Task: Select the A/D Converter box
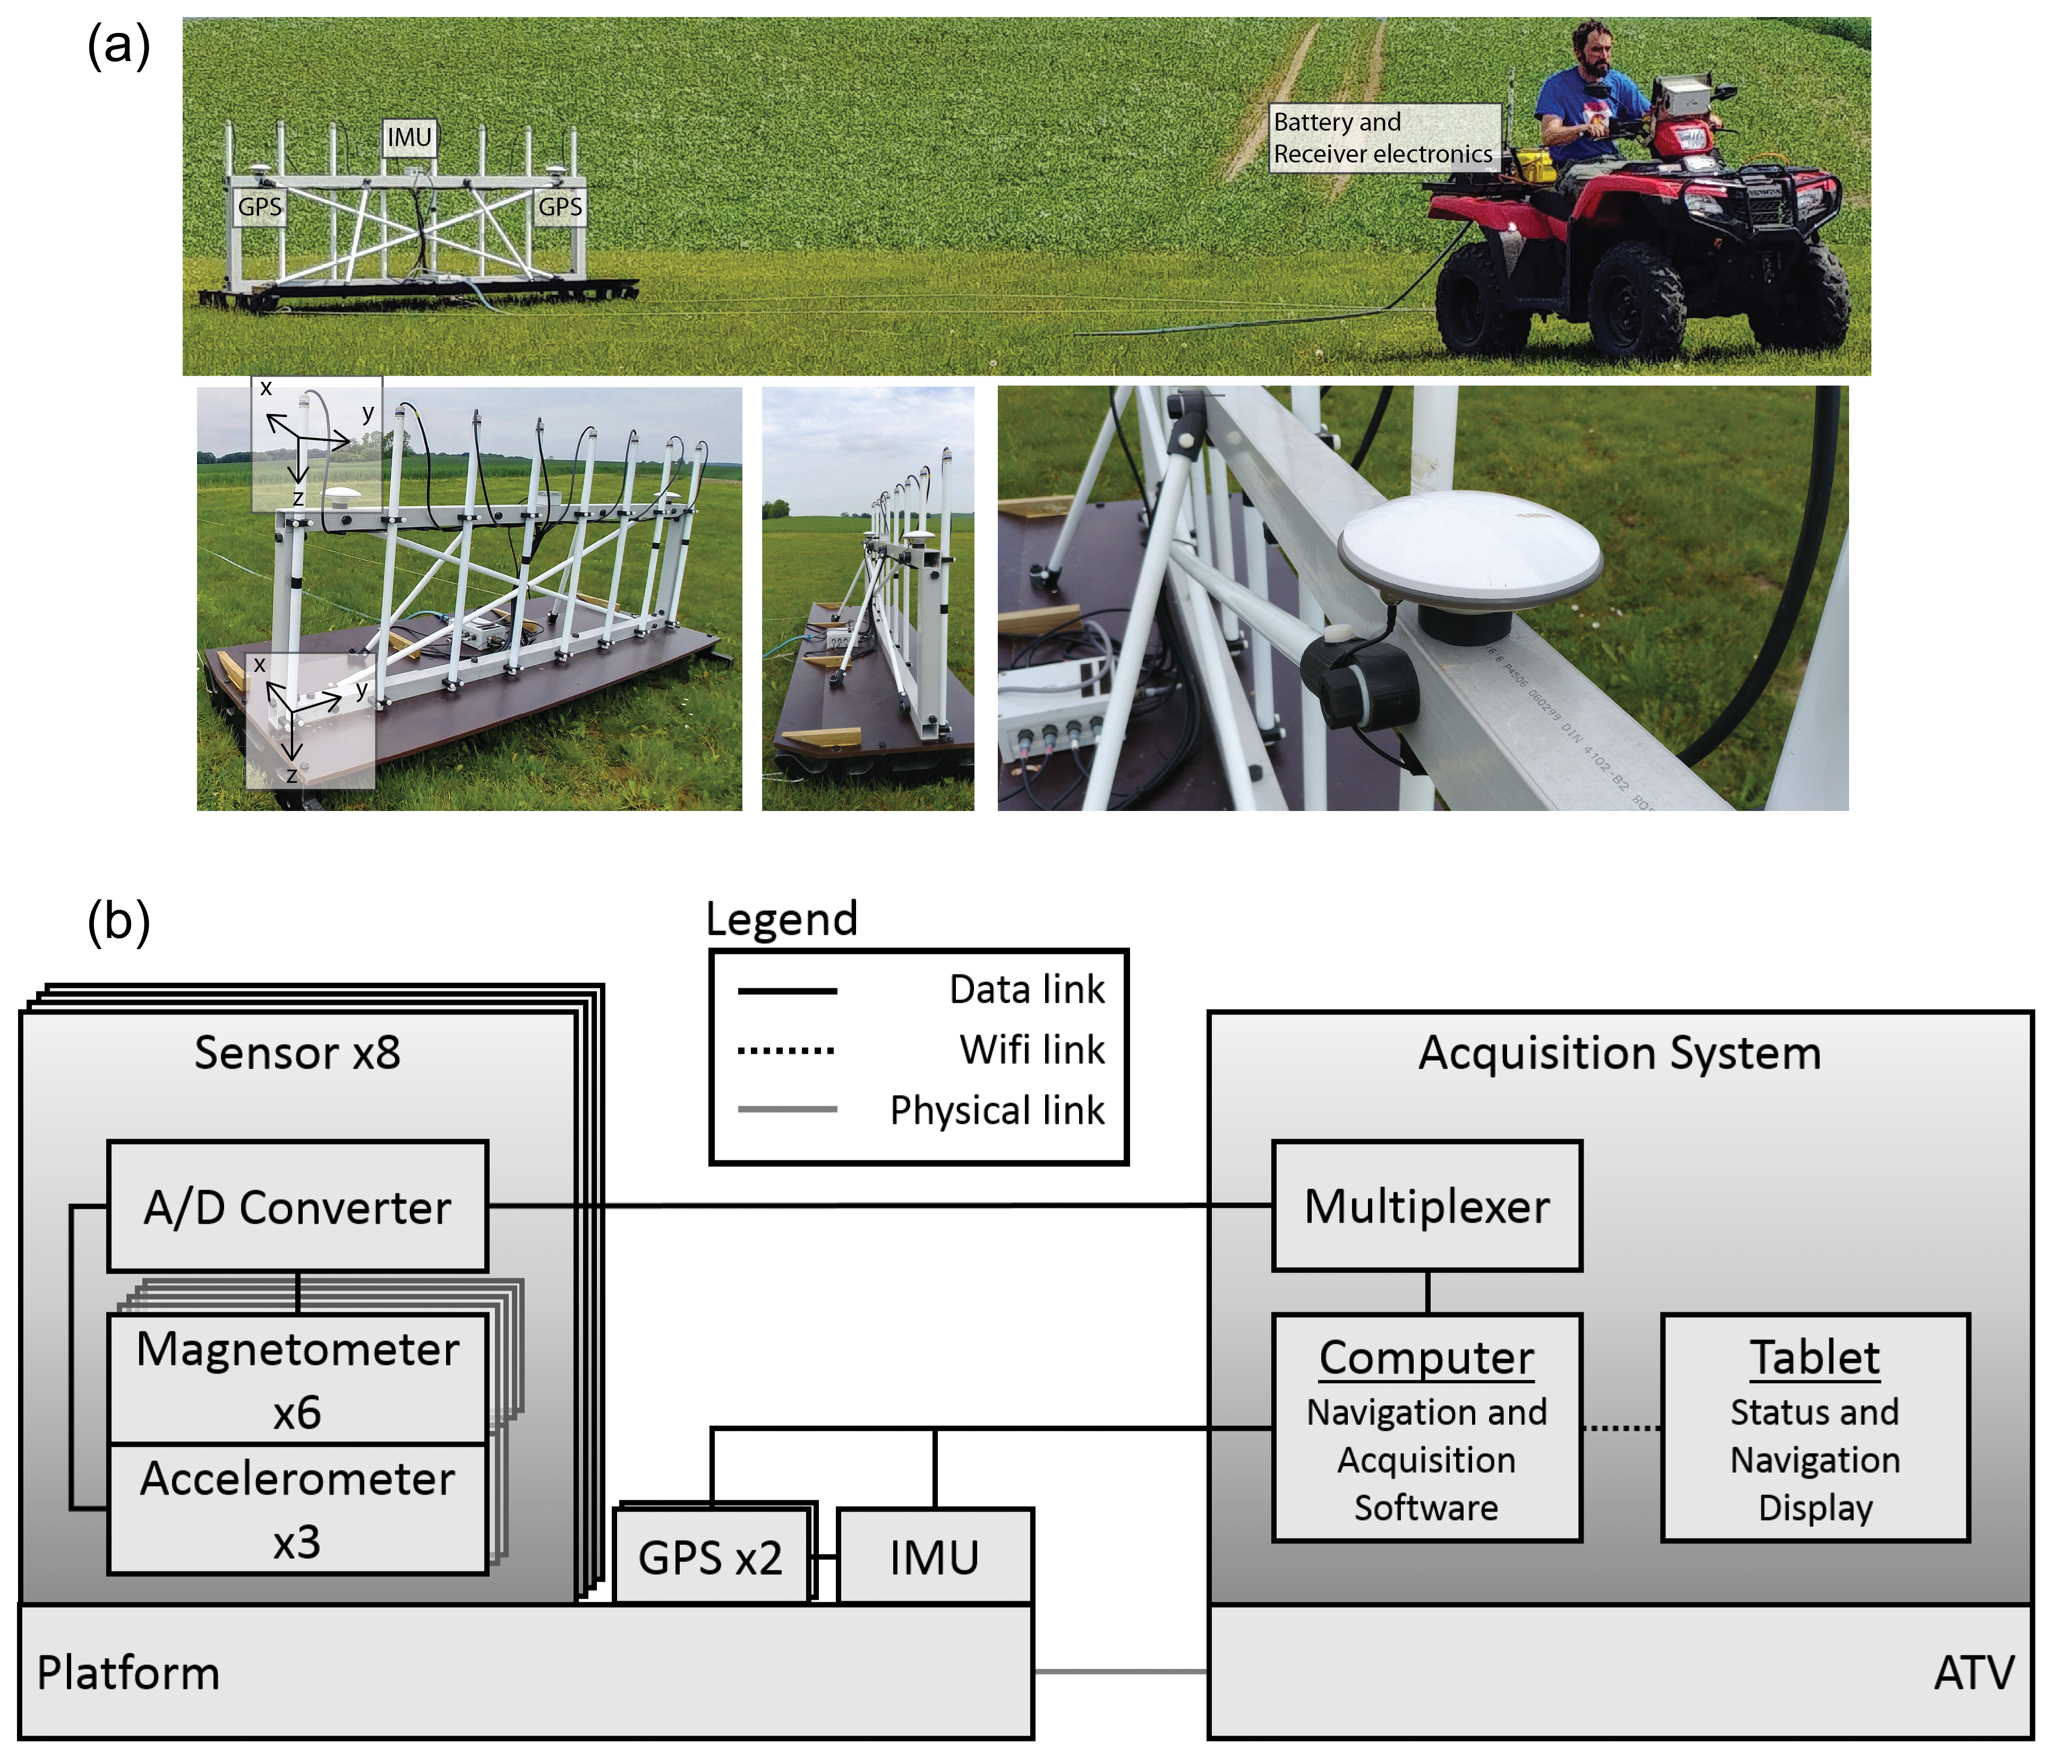[297, 1206]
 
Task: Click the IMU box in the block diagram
[934, 1556]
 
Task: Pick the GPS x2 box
[711, 1556]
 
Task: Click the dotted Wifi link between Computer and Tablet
[1621, 1428]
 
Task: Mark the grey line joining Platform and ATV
[1119, 1672]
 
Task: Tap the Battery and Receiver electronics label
[1383, 138]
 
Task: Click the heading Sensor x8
[297, 1053]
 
